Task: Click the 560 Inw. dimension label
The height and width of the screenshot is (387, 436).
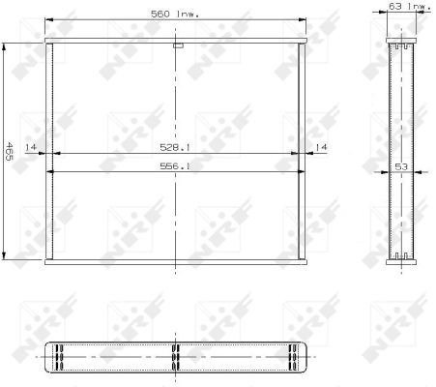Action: [x=175, y=15]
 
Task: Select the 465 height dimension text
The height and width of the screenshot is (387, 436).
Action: [x=9, y=151]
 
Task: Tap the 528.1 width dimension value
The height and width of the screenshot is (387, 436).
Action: [x=175, y=147]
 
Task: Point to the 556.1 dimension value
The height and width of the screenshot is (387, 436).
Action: [x=175, y=166]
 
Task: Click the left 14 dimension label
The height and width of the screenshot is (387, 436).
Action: [x=31, y=147]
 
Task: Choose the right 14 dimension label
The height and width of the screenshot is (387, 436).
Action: [x=321, y=147]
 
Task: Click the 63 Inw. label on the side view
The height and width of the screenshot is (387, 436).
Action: [x=410, y=6]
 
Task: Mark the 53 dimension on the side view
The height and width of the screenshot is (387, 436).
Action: [x=401, y=166]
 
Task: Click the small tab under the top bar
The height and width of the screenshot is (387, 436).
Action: [x=178, y=45]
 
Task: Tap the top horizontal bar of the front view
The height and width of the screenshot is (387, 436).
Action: [x=176, y=41]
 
